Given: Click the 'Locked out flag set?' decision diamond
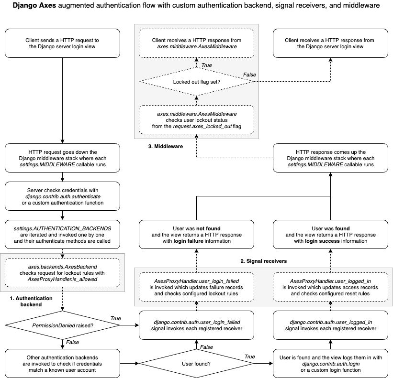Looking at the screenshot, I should pyautogui.click(x=196, y=81).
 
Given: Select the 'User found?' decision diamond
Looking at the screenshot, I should pyautogui.click(x=196, y=363).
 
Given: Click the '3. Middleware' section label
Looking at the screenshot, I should pyautogui.click(x=165, y=147).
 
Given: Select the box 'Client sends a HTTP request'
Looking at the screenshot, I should pyautogui.click(x=62, y=43).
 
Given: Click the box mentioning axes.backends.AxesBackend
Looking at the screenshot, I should pyautogui.click(x=62, y=272).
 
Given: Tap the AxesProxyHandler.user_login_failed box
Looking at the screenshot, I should pyautogui.click(x=196, y=287).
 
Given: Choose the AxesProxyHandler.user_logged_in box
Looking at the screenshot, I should pyautogui.click(x=330, y=287).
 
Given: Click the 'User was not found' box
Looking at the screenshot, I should pyautogui.click(x=196, y=234).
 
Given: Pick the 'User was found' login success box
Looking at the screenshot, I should pyautogui.click(x=330, y=234).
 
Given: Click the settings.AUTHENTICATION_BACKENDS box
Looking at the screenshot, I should pyautogui.click(x=62, y=234).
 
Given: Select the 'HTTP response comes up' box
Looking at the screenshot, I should pyautogui.click(x=330, y=158).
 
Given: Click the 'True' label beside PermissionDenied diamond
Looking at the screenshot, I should pyautogui.click(x=116, y=318).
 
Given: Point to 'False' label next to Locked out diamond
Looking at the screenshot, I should pyautogui.click(x=249, y=75).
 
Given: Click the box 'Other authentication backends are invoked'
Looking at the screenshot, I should pyautogui.click(x=62, y=363).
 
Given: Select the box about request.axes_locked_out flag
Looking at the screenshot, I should pyautogui.click(x=196, y=119).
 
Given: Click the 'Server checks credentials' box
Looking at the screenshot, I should pyautogui.click(x=62, y=196).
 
